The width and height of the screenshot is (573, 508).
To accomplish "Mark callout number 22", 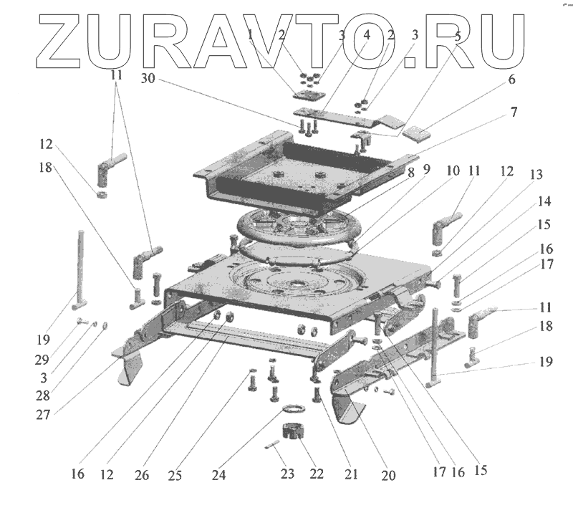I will (317, 474).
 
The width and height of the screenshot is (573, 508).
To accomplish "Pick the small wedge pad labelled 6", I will (418, 131).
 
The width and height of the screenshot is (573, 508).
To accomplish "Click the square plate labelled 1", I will (309, 96).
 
